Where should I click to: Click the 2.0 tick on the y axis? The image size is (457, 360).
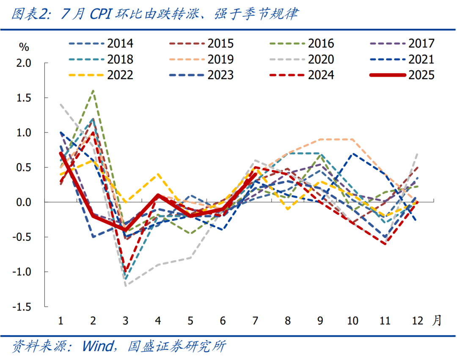[x=24, y=63]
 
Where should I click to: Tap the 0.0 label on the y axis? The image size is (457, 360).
[x=24, y=202]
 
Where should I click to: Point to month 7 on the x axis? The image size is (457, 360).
[x=255, y=321]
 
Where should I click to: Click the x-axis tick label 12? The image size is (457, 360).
[x=417, y=321]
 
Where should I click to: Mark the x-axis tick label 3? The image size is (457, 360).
[x=126, y=321]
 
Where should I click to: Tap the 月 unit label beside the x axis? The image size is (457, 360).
[x=437, y=321]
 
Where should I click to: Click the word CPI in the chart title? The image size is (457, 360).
[x=101, y=14]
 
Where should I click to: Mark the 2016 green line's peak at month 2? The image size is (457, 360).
[x=93, y=91]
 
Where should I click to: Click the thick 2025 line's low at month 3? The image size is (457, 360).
[x=126, y=230]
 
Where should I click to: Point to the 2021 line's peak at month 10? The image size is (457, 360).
[x=352, y=154]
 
